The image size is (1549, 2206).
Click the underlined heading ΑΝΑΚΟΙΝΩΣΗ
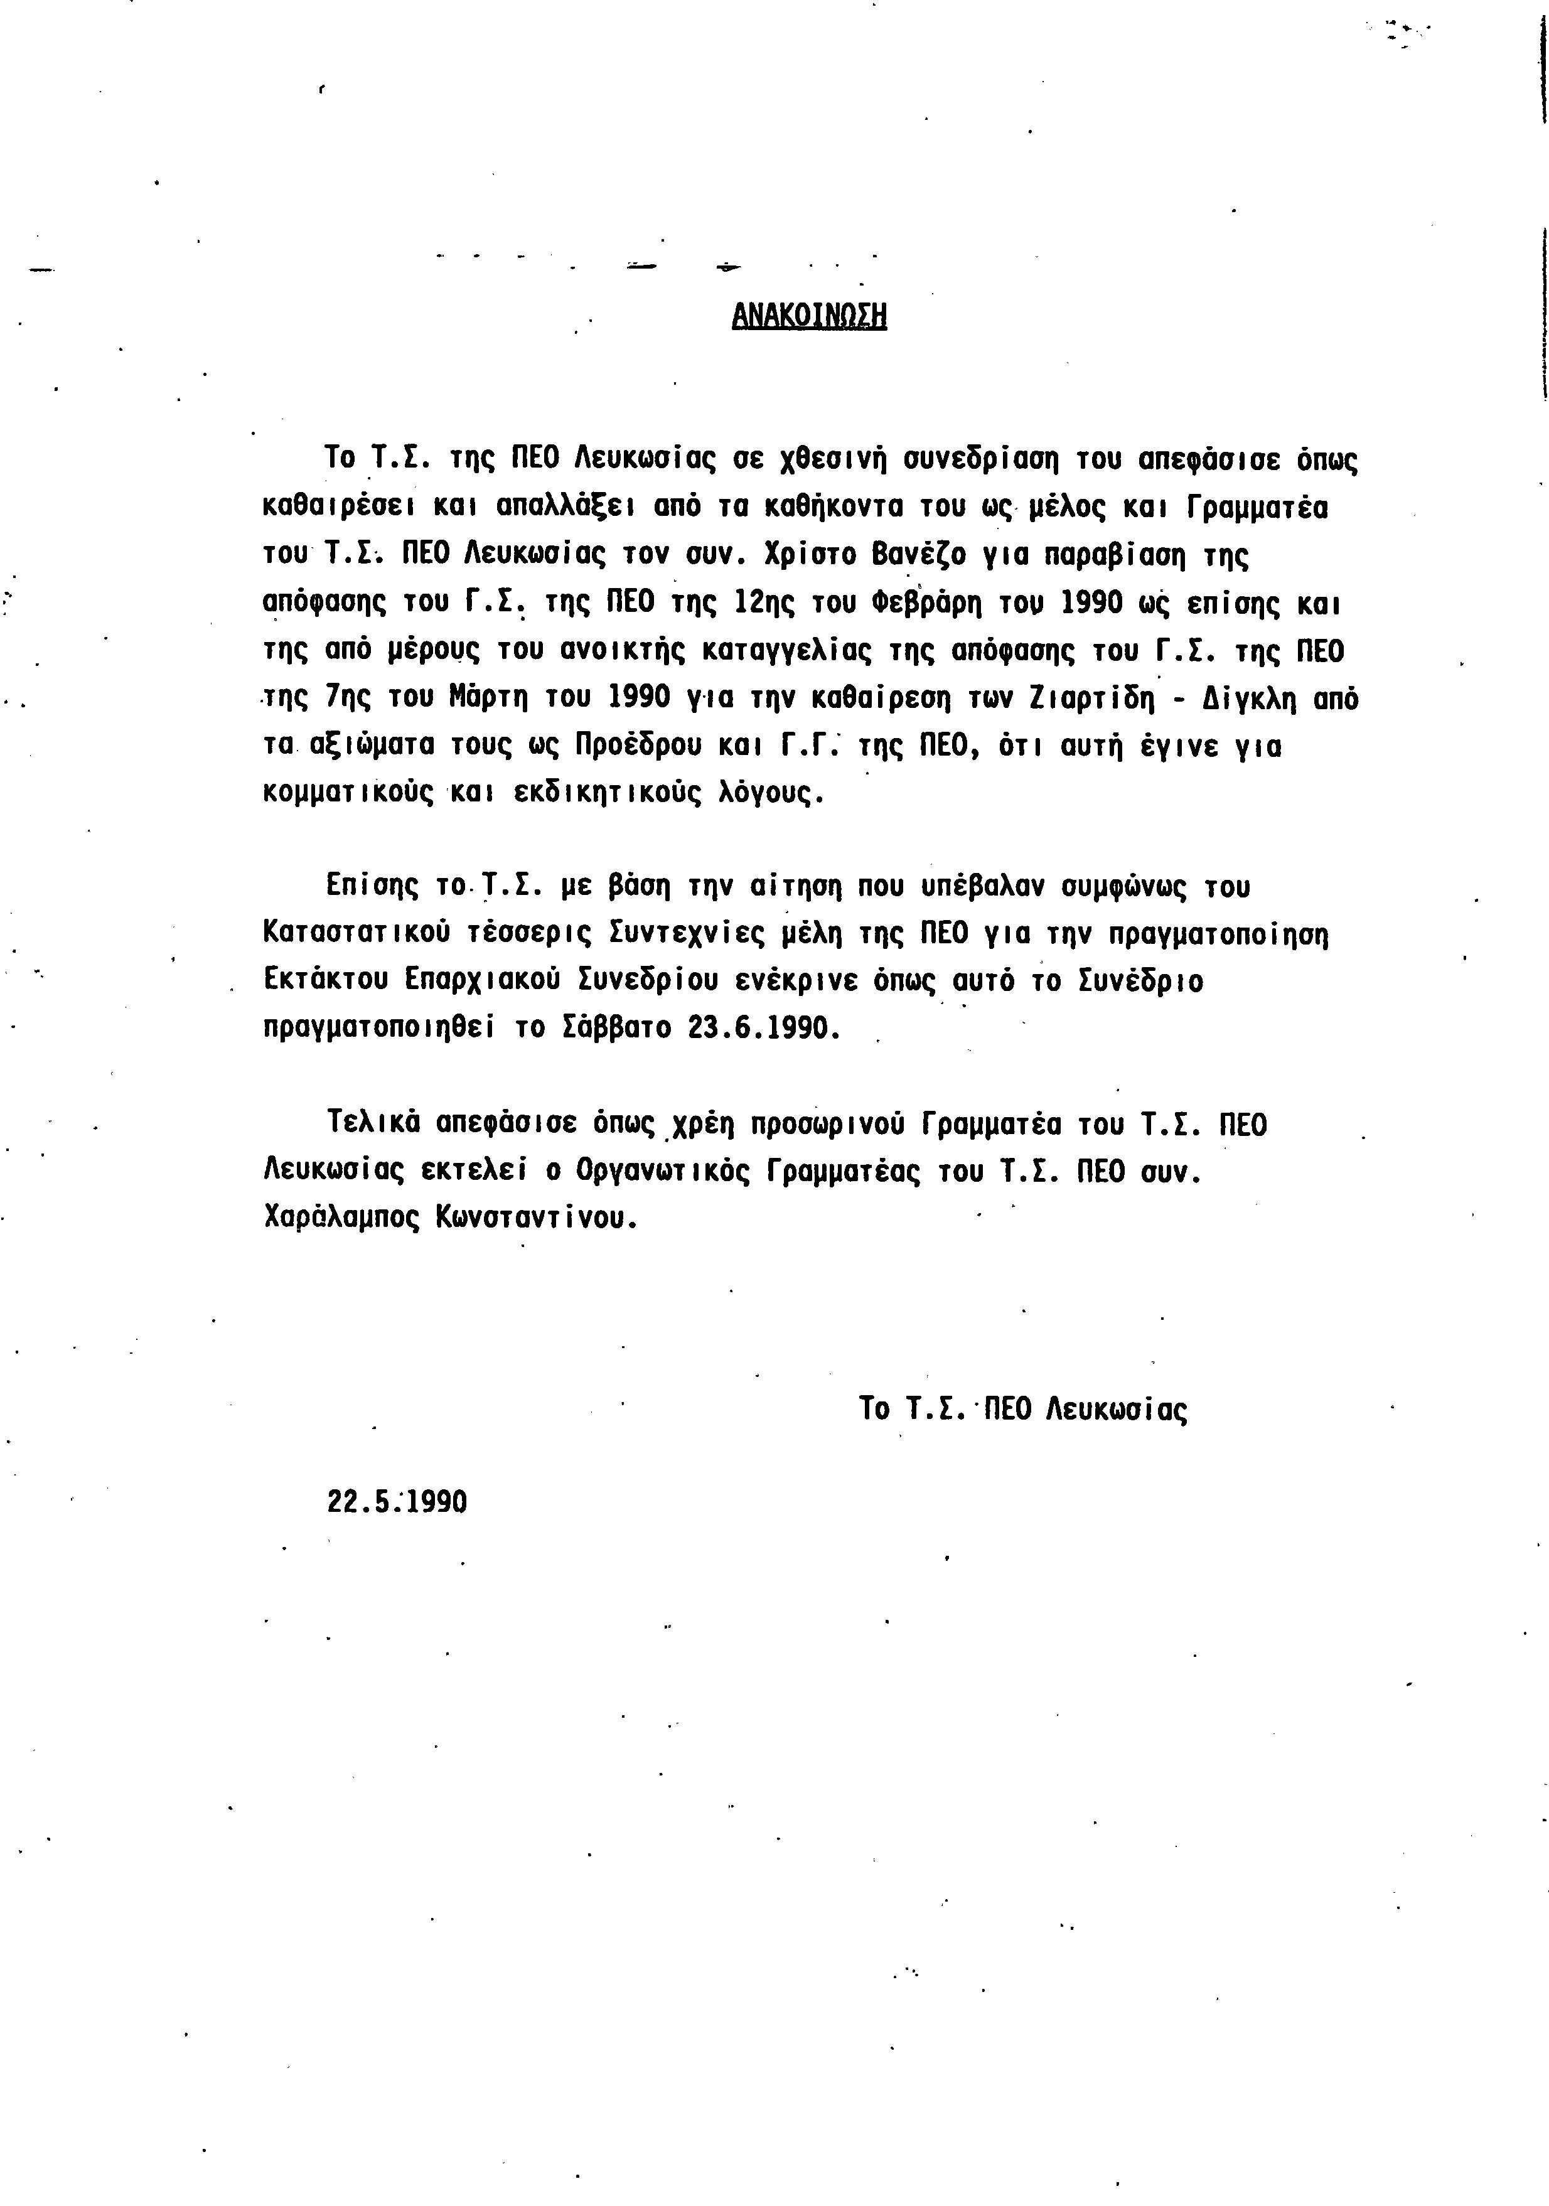pyautogui.click(x=808, y=316)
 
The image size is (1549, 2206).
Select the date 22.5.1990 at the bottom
pyautogui.click(x=397, y=1501)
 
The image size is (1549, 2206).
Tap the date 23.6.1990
pyautogui.click(x=764, y=1028)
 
